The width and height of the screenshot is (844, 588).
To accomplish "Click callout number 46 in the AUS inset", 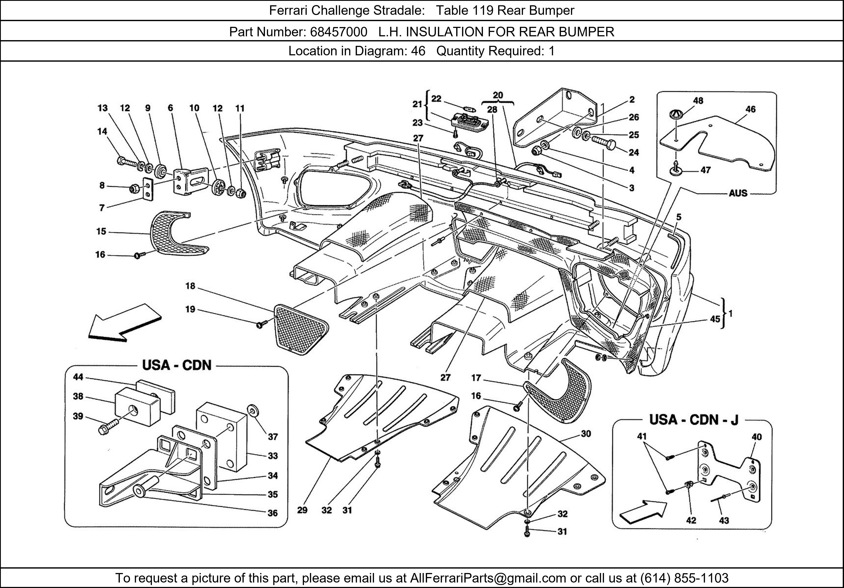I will coord(750,109).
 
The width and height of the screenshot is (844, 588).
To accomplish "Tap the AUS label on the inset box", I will coord(738,193).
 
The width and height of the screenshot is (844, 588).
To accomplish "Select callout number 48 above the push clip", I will coord(698,101).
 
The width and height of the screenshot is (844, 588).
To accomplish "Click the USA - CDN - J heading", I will coord(693,420).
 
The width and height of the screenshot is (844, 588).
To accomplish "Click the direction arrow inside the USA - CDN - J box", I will coord(642,512).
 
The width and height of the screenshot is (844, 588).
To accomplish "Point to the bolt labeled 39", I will coord(108,427).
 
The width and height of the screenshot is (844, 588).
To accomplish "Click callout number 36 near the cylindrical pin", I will coord(272,513).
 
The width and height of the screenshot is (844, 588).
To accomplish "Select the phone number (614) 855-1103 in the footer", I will coord(684,578).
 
